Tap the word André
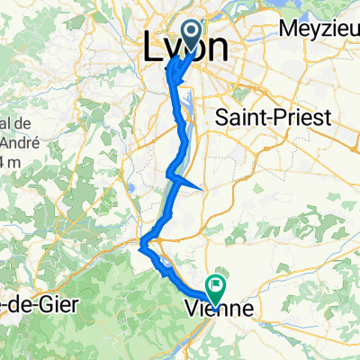15,141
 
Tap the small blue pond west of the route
134,188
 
